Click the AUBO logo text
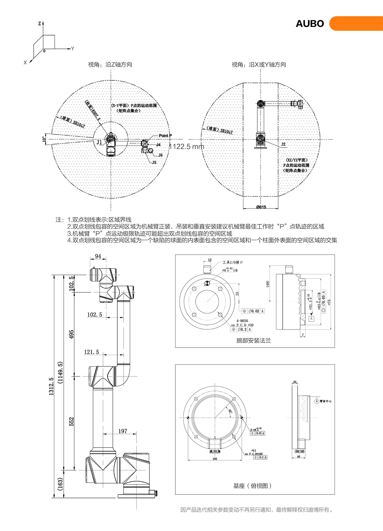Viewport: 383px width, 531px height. tap(310, 24)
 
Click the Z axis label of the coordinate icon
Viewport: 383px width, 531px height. tap(39, 24)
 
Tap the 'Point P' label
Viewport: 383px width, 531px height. tap(165, 136)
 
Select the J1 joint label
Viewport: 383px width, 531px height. tap(100, 142)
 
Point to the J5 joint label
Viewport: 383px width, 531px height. tap(154, 163)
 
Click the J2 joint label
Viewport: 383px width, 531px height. tap(283, 144)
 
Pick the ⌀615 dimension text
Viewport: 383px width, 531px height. tap(261, 207)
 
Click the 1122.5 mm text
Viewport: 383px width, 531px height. tap(187, 146)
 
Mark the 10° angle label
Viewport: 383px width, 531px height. tap(44, 139)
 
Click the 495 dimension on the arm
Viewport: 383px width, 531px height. tap(71, 334)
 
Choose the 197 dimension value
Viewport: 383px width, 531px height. tap(123, 431)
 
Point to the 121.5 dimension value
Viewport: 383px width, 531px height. tap(91, 352)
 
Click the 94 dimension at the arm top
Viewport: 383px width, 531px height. tap(98, 256)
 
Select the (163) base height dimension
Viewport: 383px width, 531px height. tap(60, 484)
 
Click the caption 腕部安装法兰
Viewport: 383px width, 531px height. tap(253, 341)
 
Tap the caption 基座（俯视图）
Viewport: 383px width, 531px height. tap(252, 486)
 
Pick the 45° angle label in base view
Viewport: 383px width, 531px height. tap(230, 411)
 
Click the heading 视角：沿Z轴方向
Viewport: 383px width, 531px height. tap(110, 64)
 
